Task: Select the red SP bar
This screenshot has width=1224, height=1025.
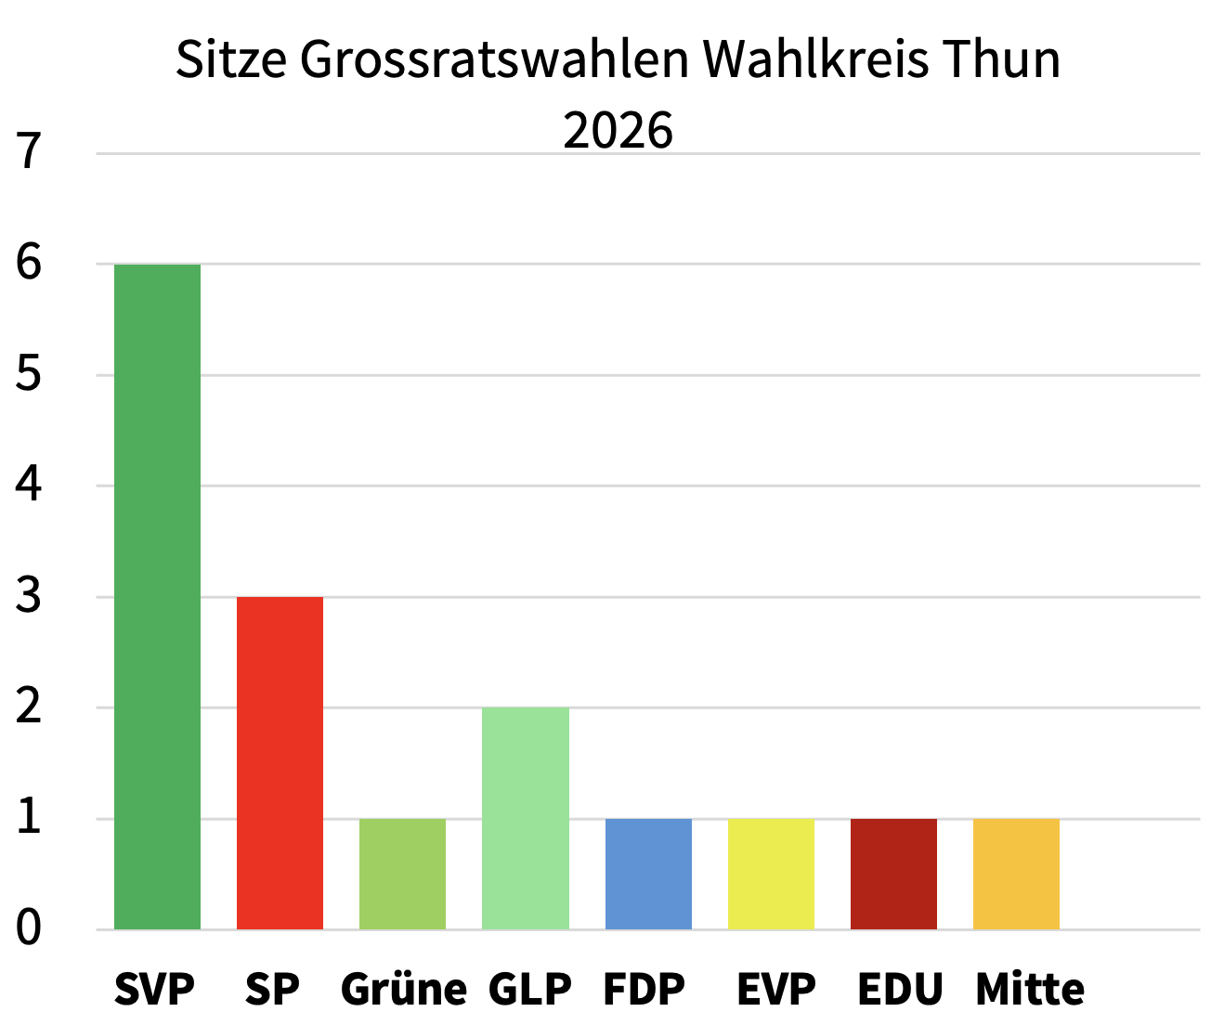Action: (x=280, y=762)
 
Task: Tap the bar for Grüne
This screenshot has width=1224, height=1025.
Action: (x=402, y=874)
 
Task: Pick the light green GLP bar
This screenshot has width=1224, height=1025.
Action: (x=525, y=818)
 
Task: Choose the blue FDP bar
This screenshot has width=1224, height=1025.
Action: (x=648, y=874)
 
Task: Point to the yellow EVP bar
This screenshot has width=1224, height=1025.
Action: (x=771, y=874)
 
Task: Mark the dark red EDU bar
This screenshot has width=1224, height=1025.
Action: (x=893, y=874)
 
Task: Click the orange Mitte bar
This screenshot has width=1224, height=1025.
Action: (x=1016, y=874)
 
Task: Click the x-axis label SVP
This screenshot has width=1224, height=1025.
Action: (x=154, y=990)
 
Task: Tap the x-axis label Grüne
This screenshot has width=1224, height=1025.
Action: (x=403, y=990)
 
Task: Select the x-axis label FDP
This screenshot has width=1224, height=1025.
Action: (x=644, y=990)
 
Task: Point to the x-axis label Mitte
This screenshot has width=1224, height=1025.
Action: (x=1029, y=990)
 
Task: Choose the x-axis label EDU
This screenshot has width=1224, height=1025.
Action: (x=899, y=990)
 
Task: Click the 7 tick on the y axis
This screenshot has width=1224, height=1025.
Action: (x=29, y=152)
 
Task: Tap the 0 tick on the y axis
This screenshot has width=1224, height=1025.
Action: (x=29, y=928)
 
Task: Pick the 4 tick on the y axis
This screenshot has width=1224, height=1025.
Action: (x=29, y=485)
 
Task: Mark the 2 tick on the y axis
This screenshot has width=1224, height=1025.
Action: (x=29, y=707)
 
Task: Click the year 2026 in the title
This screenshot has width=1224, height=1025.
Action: (x=618, y=131)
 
